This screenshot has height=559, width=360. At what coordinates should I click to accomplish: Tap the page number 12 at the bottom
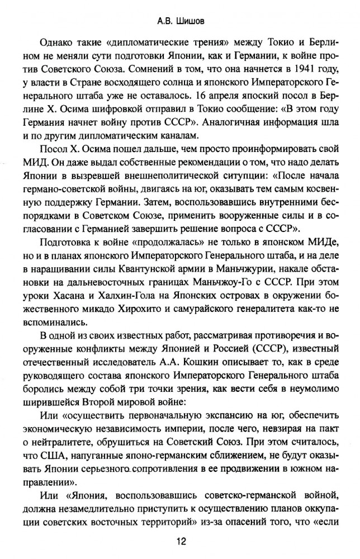pos(180,541)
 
